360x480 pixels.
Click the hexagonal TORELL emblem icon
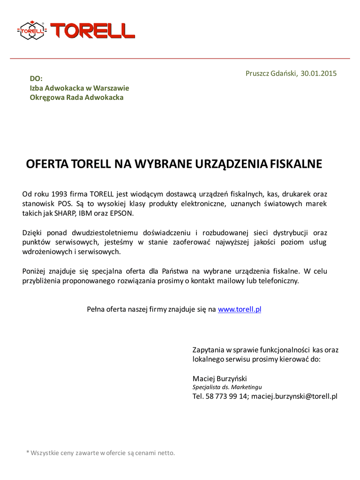(32, 30)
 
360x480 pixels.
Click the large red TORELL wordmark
(92, 30)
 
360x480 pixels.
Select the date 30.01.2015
(319, 74)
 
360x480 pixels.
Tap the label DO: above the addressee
(36, 78)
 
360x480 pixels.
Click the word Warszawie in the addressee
(111, 88)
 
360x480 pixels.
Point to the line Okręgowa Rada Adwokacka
(76, 97)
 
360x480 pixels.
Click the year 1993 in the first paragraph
(59, 194)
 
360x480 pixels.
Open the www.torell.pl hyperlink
(239, 309)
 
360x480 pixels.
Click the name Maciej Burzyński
(219, 378)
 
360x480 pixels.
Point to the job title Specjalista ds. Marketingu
(227, 387)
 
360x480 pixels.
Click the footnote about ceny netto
(100, 453)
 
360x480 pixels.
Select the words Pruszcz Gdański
(271, 74)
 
